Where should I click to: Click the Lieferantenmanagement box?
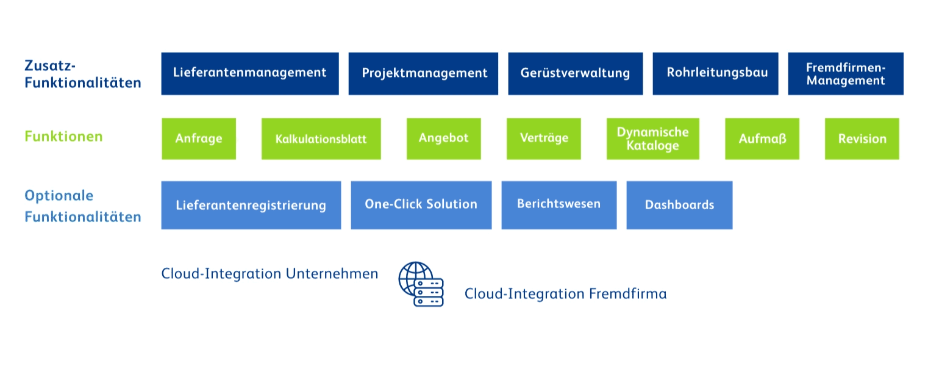click(250, 73)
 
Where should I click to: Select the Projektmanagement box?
click(423, 73)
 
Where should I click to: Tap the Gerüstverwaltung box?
click(576, 73)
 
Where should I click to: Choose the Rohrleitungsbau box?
click(715, 73)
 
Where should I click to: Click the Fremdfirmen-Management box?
click(846, 73)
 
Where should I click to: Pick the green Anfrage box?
click(199, 138)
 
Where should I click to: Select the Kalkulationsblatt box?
click(321, 138)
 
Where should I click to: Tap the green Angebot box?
click(444, 138)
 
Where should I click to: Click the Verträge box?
click(543, 138)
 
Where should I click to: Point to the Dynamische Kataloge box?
click(653, 138)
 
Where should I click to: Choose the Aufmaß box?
click(762, 138)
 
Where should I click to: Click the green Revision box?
click(862, 138)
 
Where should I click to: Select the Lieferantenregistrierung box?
click(251, 205)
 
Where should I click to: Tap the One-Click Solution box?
click(421, 205)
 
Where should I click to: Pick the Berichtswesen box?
click(559, 205)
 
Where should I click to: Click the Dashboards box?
click(679, 205)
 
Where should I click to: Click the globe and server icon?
click(421, 284)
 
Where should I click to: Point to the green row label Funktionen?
click(63, 137)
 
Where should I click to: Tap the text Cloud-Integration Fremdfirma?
click(565, 293)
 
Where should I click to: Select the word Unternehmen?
click(332, 273)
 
